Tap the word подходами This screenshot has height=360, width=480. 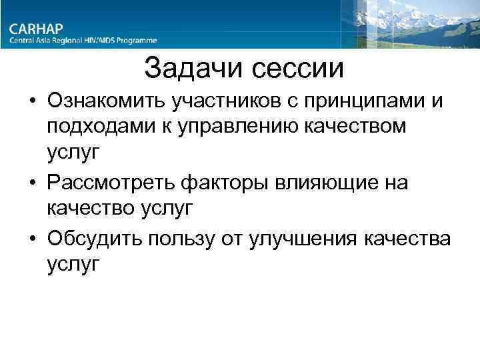coord(96,127)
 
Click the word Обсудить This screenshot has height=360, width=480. coord(95,237)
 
